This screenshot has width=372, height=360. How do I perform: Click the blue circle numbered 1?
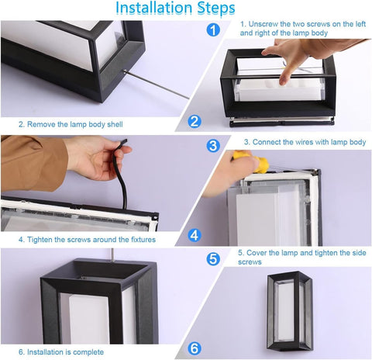coord(213,29)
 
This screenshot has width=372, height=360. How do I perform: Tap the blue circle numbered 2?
coord(195,121)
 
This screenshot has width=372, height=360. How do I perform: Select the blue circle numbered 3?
coord(213,146)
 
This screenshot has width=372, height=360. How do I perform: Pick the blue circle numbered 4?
coord(195,235)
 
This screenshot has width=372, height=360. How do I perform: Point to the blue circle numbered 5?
coord(213,258)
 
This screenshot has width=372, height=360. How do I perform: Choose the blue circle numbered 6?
coord(195,348)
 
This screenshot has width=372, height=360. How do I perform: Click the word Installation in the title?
coord(154,8)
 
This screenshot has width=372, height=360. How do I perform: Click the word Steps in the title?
coord(216,9)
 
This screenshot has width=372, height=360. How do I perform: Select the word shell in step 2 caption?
coord(115,124)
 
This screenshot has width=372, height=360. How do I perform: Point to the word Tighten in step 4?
coord(40,240)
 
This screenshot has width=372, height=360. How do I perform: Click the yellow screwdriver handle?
coord(252,161)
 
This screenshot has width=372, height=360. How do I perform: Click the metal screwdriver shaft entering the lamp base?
coord(157,85)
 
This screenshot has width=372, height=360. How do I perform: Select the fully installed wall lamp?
coord(290,310)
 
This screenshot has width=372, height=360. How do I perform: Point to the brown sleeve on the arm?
coord(33,164)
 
